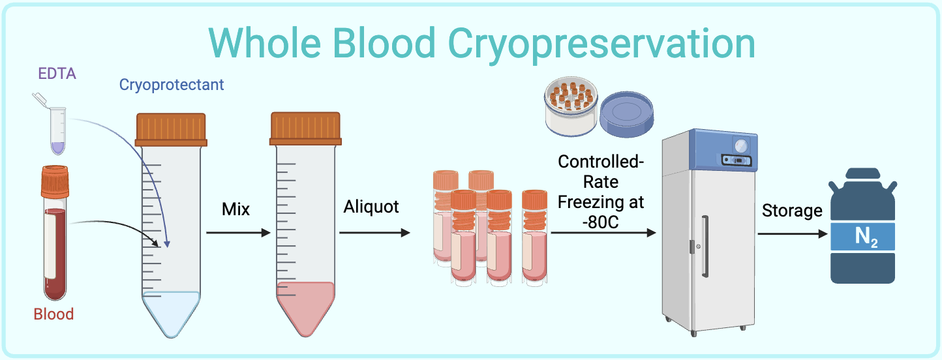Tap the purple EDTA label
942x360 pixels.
tap(57, 73)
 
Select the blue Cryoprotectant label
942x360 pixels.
tap(172, 85)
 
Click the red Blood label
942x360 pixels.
tap(53, 314)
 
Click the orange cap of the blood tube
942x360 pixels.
tap(55, 182)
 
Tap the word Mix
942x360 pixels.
tap(236, 210)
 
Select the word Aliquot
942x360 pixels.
tap(371, 207)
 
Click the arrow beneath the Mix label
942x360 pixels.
tap(238, 232)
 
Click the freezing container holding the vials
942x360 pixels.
tap(571, 108)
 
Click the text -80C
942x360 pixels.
tap(600, 222)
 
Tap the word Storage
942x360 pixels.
tap(792, 211)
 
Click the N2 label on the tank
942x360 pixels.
tap(863, 237)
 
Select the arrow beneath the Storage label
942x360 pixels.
tap(792, 232)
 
